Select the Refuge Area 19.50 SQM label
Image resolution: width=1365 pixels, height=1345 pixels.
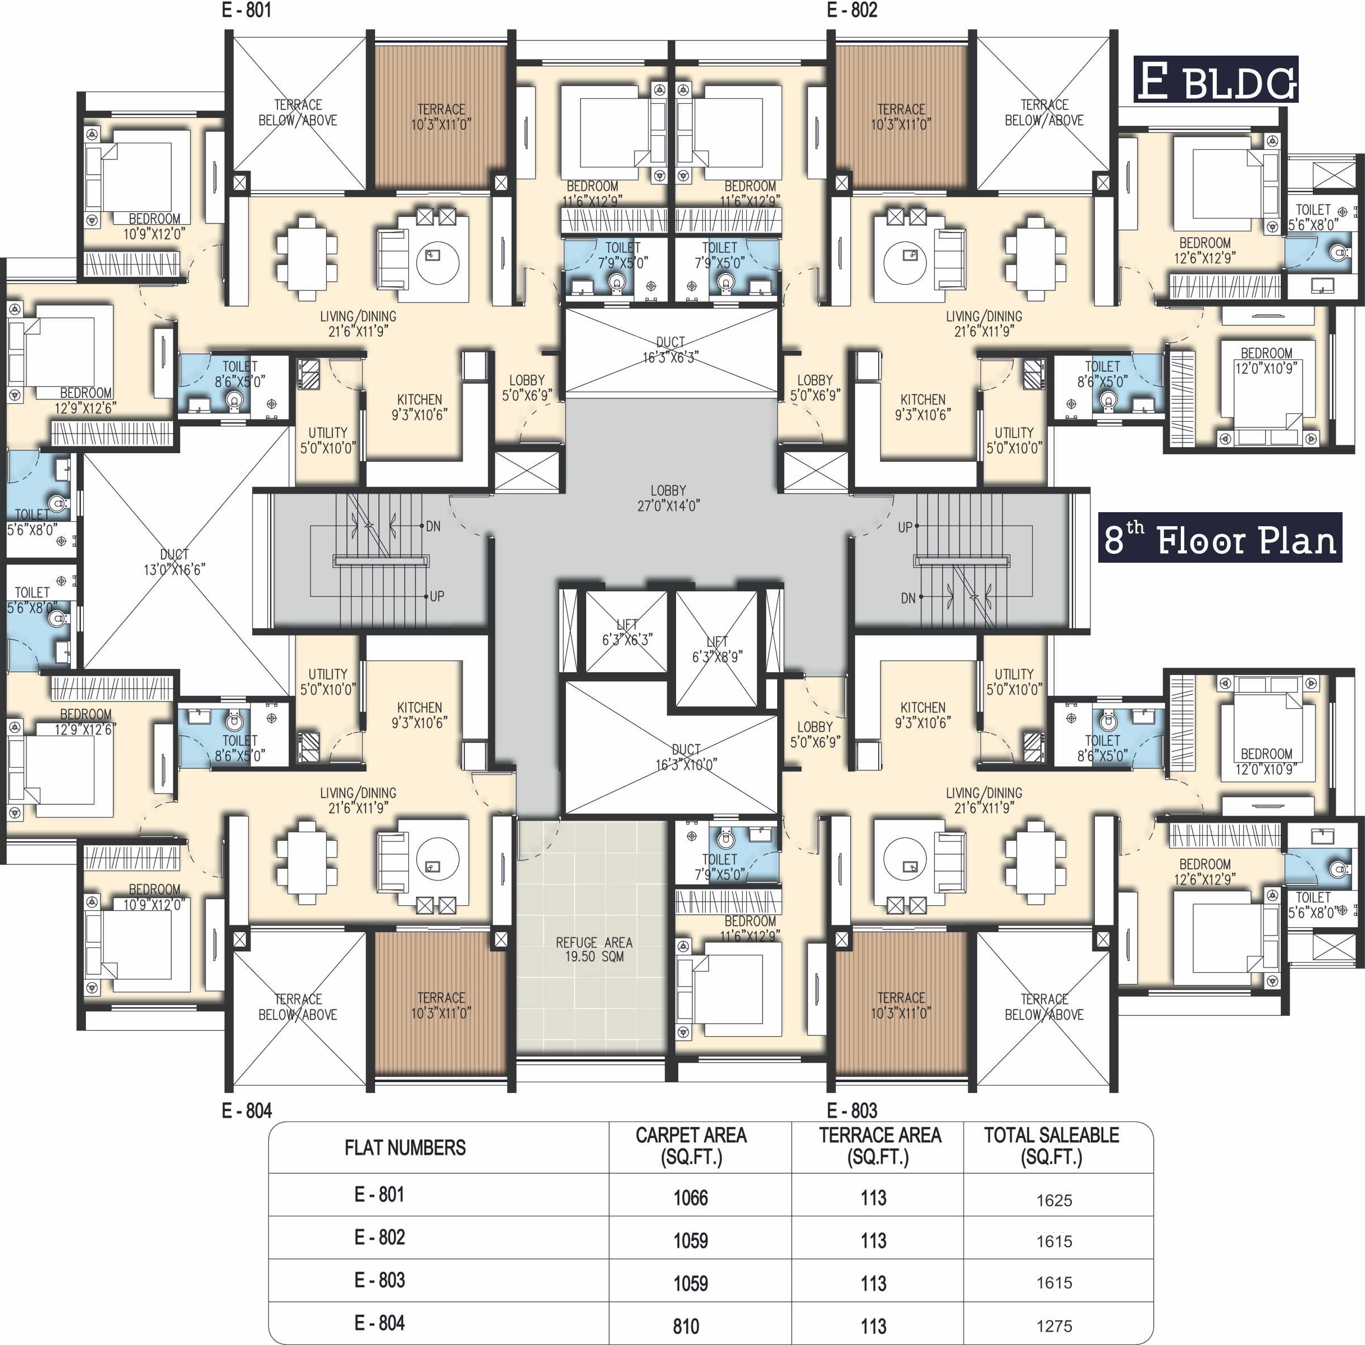coord(594,950)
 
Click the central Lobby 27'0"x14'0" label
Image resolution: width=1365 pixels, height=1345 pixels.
coord(668,498)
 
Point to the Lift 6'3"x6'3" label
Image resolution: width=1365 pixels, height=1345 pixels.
coord(627,632)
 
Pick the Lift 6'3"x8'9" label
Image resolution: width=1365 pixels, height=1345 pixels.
coord(716,649)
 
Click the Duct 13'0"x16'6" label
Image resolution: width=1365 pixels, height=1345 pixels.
coord(174,562)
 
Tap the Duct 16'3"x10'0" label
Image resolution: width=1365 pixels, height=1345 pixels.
coord(686,756)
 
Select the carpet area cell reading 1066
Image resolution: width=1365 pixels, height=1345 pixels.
coord(690,1198)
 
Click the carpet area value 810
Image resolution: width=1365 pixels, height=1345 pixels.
coord(686,1326)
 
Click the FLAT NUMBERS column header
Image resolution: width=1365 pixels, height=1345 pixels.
coord(405,1148)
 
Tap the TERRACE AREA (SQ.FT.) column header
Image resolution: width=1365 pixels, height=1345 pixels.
coord(879,1146)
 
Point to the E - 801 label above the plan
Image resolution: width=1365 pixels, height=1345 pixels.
coord(246,10)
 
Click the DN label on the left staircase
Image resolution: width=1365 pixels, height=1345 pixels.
coord(433,526)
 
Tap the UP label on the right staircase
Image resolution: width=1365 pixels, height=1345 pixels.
coord(905,527)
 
